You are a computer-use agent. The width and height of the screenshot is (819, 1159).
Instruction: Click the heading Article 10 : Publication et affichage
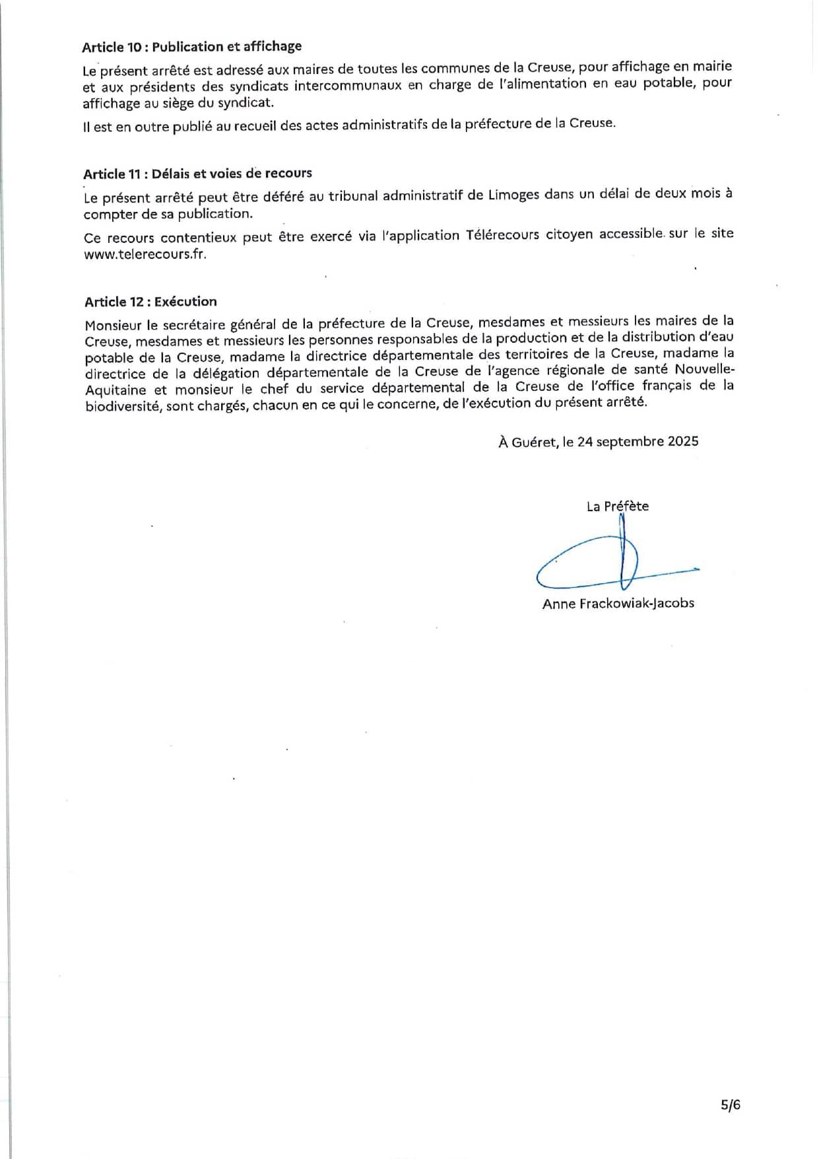(x=191, y=47)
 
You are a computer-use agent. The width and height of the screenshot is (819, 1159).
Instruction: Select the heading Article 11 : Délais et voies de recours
(x=197, y=174)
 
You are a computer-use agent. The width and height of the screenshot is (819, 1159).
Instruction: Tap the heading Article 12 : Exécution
(x=150, y=302)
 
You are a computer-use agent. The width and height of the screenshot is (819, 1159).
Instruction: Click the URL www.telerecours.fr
(x=145, y=255)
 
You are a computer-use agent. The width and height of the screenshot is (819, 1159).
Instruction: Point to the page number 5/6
(x=731, y=1105)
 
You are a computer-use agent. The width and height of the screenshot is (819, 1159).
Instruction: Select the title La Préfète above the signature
(x=617, y=507)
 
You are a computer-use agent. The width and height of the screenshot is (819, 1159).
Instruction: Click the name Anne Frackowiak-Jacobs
(x=618, y=603)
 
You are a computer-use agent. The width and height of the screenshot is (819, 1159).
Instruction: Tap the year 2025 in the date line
(x=682, y=442)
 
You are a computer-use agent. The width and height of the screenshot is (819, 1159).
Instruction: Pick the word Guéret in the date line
(x=534, y=442)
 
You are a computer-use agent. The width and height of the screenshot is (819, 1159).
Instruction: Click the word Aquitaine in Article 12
(x=115, y=390)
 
